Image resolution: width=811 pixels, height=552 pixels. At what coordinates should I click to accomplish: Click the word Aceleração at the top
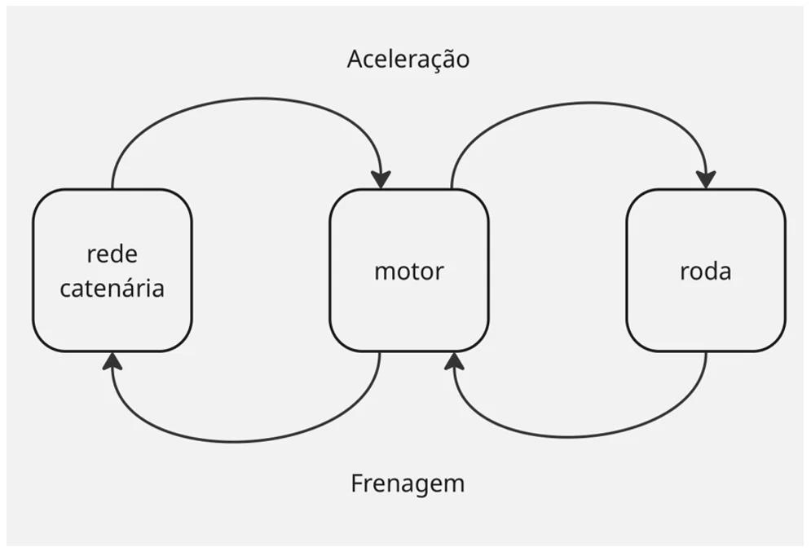(x=408, y=60)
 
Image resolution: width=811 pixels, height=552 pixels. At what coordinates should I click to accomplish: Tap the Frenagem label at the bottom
(x=408, y=484)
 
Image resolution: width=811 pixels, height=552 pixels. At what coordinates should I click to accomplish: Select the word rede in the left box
(x=112, y=254)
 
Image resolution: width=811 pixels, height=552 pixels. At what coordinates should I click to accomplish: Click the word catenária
(x=112, y=288)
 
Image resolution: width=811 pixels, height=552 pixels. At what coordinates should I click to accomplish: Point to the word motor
(x=408, y=271)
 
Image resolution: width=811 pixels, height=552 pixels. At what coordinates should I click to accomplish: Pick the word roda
(x=706, y=271)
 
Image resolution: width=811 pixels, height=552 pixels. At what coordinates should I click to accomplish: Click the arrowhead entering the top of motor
(x=381, y=180)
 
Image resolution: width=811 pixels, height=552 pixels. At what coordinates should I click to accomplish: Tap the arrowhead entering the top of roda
(x=706, y=180)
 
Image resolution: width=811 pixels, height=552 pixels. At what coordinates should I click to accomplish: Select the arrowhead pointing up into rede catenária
(x=112, y=360)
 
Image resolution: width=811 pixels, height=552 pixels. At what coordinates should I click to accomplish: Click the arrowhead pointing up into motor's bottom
(x=454, y=360)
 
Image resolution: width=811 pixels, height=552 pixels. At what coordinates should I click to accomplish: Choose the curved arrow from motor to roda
(x=584, y=103)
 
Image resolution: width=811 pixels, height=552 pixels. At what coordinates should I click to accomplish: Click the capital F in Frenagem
(x=357, y=484)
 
